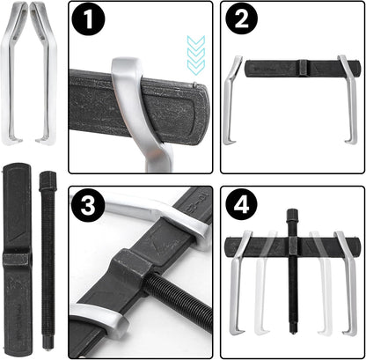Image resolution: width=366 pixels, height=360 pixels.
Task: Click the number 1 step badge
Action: click(88, 20)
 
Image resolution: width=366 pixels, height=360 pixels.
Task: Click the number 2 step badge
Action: click(241, 20)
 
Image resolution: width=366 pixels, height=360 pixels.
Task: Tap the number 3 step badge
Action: click(88, 204)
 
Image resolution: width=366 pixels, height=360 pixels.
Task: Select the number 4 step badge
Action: click(241, 204)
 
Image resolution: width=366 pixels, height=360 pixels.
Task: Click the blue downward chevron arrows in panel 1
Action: click(196, 55)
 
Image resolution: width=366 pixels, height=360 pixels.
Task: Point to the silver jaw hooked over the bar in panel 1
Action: click(138, 112)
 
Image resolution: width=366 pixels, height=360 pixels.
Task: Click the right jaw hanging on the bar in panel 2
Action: click(349, 99)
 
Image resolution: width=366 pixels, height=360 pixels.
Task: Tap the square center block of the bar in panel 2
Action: click(304, 69)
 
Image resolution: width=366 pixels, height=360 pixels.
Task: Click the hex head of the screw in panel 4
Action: click(291, 217)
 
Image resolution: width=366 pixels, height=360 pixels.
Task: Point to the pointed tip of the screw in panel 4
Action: click(292, 332)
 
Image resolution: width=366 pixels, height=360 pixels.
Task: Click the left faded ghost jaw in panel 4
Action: click(261, 282)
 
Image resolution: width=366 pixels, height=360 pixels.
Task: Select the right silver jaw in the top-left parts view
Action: click(47, 73)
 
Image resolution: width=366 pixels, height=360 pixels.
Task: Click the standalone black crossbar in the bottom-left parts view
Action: click(17, 258)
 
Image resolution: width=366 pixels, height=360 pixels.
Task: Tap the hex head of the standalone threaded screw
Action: click(48, 180)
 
